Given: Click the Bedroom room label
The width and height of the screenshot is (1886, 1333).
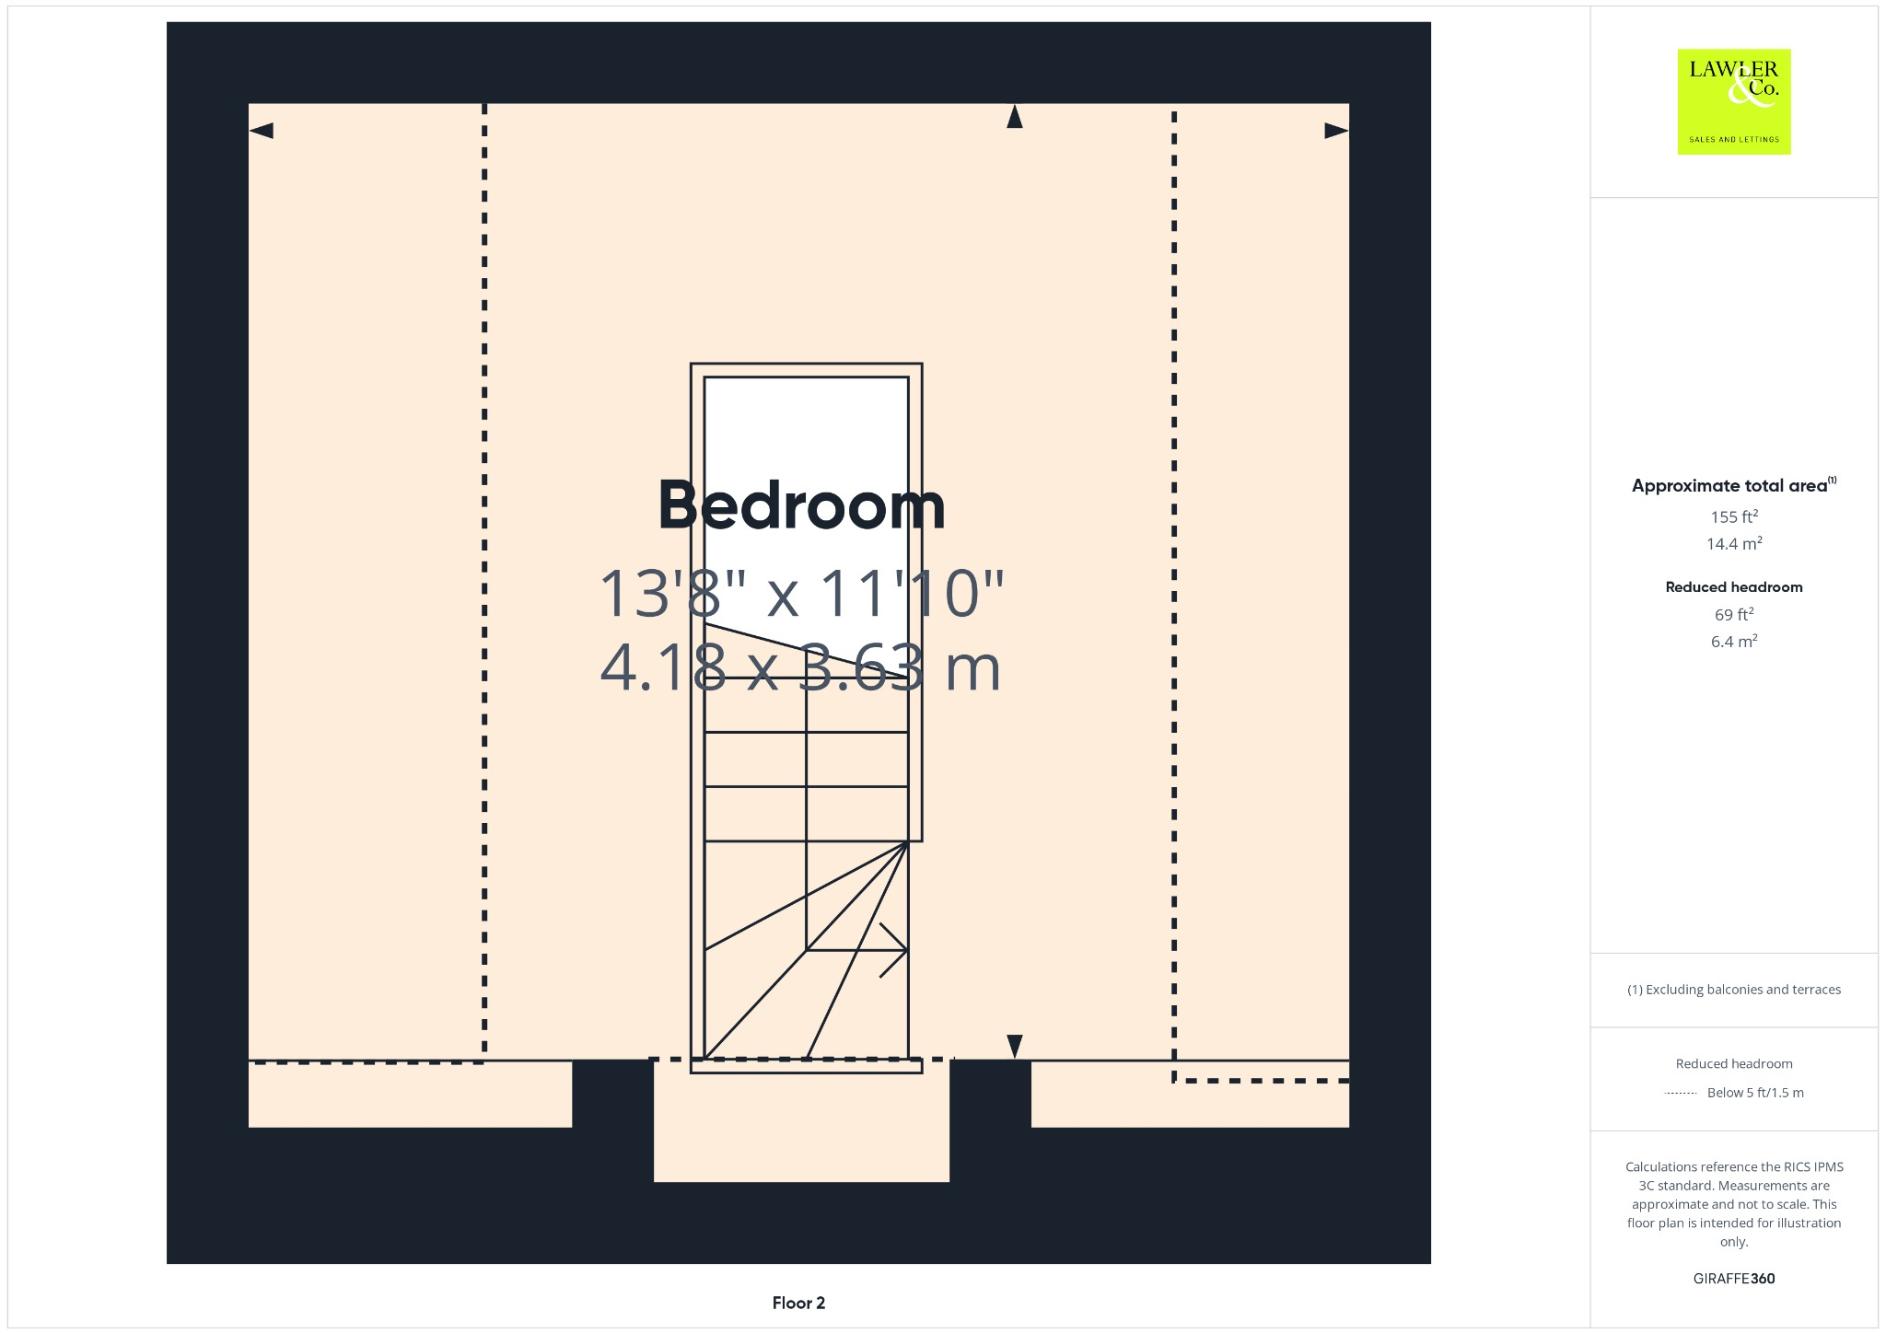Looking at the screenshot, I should (801, 505).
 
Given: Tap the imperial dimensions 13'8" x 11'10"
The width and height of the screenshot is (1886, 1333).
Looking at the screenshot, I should (801, 593).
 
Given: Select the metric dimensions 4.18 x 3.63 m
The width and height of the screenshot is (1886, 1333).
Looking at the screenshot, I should (800, 667).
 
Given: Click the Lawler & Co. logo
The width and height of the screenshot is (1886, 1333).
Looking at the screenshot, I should (1733, 101).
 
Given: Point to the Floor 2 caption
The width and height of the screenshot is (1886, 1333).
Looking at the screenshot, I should (798, 1303).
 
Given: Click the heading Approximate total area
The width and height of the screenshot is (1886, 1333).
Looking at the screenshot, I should (1729, 486).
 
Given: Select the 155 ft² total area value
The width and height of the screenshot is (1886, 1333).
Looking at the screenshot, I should (1734, 516).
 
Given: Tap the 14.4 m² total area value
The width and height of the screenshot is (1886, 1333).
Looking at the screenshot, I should (1734, 543).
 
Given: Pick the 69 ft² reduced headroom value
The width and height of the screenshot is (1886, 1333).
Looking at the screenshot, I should (1734, 614).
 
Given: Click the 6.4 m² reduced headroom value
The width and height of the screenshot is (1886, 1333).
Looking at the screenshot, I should (1734, 641).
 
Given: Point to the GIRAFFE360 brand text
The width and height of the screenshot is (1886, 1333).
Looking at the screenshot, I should (1734, 1279).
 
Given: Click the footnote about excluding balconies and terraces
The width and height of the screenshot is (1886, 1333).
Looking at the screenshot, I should (1734, 990).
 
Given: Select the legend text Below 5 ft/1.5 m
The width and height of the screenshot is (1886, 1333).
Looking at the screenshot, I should (1755, 1093).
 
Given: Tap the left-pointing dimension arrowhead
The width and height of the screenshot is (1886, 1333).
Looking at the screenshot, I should (262, 131).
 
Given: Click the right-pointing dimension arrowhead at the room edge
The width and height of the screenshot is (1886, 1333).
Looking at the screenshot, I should (1336, 131).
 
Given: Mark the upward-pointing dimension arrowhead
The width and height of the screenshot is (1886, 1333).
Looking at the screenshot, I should (1015, 117).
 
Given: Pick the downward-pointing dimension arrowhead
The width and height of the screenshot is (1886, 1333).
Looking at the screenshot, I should (1015, 1046).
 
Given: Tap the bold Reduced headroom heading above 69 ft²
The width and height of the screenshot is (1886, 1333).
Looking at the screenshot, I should (1734, 587).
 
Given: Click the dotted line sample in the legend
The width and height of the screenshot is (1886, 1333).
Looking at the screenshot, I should (1681, 1094).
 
